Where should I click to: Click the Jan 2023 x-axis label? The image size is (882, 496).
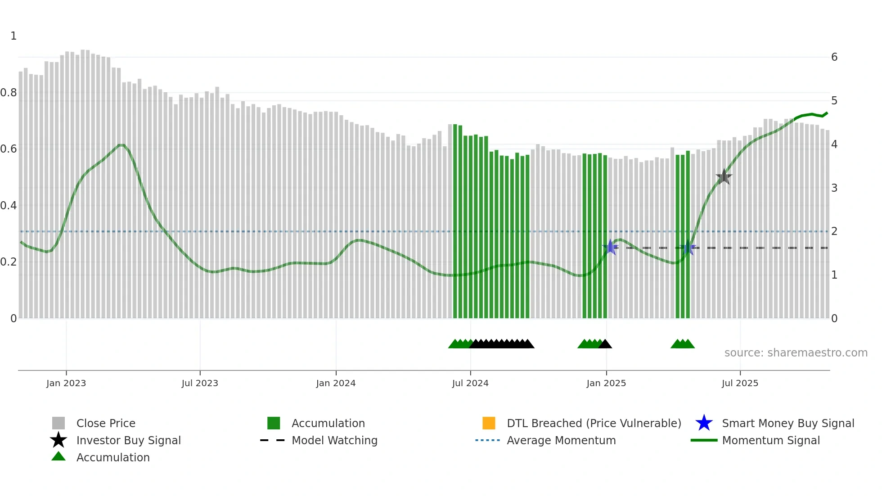[66, 383]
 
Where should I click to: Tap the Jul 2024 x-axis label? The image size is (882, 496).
[470, 383]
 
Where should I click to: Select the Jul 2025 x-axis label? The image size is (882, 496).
[740, 383]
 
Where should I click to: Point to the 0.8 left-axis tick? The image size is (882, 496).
[9, 93]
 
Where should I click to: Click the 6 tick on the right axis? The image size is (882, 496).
[834, 57]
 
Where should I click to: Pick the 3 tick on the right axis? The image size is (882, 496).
[834, 188]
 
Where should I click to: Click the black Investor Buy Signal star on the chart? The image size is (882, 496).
[724, 177]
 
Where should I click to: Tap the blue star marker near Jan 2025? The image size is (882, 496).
[610, 247]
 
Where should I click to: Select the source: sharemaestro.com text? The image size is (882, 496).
[796, 353]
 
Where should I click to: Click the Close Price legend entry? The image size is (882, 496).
[105, 423]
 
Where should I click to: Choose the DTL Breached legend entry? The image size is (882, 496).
[594, 423]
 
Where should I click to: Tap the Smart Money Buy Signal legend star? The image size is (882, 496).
[704, 423]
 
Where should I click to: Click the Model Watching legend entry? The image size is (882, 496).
[334, 440]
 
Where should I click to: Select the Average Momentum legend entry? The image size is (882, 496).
[561, 440]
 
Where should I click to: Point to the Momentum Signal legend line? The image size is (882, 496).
[704, 440]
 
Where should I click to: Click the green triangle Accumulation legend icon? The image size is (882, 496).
[58, 456]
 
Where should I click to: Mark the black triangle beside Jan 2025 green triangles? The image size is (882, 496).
[605, 344]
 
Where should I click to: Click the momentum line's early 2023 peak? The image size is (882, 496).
[121, 145]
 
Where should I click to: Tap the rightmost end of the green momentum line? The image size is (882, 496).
[827, 113]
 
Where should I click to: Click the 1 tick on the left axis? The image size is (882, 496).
[13, 36]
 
